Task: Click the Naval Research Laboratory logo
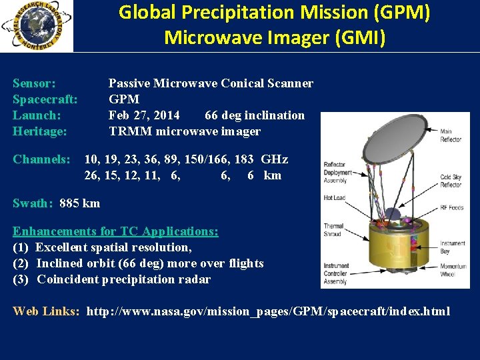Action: click(36, 26)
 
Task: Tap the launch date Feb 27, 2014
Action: click(144, 115)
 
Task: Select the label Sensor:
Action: click(34, 83)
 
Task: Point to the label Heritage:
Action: click(40, 131)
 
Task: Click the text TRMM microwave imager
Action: click(185, 131)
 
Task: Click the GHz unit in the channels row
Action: click(274, 159)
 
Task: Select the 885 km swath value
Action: click(79, 203)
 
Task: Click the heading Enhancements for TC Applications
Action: click(115, 231)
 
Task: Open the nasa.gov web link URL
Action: click(268, 311)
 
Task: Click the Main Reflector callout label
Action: click(451, 136)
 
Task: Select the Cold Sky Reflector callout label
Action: click(451, 181)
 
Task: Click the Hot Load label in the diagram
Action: click(334, 198)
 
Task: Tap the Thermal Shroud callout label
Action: click(333, 229)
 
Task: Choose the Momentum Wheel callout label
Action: click(453, 270)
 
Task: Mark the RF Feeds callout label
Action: click(452, 207)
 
